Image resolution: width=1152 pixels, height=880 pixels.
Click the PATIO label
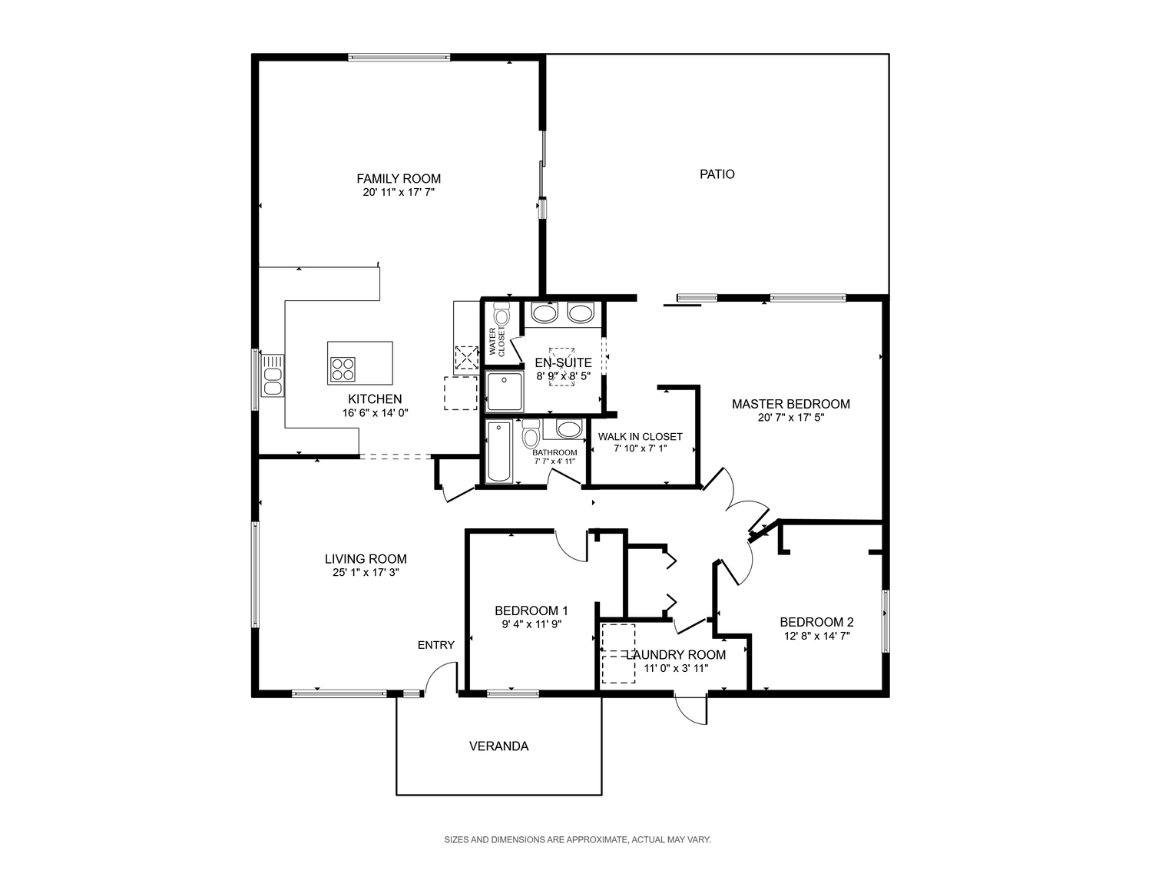coord(717,174)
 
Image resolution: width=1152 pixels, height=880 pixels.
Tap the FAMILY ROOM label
coord(399,178)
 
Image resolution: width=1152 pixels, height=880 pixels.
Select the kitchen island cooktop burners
coord(343,369)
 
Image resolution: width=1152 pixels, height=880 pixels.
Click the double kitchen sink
coord(273,375)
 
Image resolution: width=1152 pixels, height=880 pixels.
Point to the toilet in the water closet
coord(502,314)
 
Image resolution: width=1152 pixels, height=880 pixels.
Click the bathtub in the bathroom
coord(499,452)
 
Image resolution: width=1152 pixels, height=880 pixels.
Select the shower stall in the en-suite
coord(505,392)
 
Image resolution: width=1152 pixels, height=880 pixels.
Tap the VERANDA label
coord(498,746)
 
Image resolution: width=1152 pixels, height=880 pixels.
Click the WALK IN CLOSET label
coord(641,437)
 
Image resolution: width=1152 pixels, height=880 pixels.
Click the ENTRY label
coord(436,645)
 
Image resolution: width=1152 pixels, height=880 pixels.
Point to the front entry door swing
coord(441,678)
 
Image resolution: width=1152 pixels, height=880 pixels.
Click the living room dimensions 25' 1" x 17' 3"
coord(366,573)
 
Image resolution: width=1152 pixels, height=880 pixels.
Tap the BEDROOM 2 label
coord(816,622)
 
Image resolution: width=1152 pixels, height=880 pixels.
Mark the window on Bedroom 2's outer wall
coord(886,621)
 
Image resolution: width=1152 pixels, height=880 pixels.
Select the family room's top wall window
coord(399,58)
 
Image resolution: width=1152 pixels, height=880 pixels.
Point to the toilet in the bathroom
coord(531,433)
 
